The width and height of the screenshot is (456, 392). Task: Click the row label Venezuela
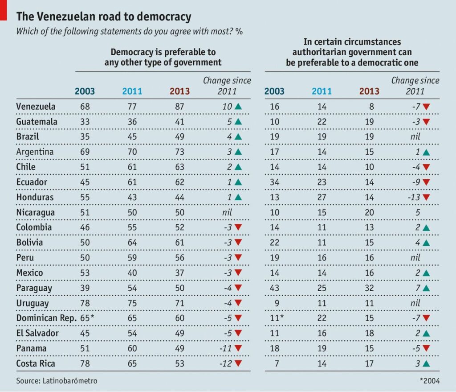click(x=36, y=107)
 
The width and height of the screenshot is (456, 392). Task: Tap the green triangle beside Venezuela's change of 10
click(x=238, y=107)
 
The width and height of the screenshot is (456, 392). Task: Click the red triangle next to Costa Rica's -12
click(x=238, y=363)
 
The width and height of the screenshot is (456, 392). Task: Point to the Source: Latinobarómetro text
click(x=57, y=380)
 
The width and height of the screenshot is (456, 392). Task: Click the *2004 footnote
click(x=429, y=380)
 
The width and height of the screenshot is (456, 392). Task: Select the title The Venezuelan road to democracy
click(x=104, y=17)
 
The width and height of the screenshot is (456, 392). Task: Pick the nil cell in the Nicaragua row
click(x=227, y=212)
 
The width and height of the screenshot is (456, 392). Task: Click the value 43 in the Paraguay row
click(x=275, y=288)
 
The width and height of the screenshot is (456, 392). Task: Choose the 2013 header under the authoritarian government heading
click(x=369, y=91)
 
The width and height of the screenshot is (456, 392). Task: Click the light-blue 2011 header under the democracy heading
click(x=132, y=91)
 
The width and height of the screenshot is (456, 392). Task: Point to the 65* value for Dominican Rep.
click(x=86, y=318)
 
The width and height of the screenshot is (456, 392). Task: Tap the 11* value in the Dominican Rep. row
click(x=277, y=318)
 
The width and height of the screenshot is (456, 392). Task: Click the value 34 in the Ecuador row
click(x=275, y=182)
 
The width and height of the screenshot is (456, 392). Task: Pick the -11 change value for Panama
click(x=224, y=348)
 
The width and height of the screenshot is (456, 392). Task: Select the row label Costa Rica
click(x=36, y=363)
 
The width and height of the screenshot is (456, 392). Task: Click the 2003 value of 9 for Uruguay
click(x=275, y=303)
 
